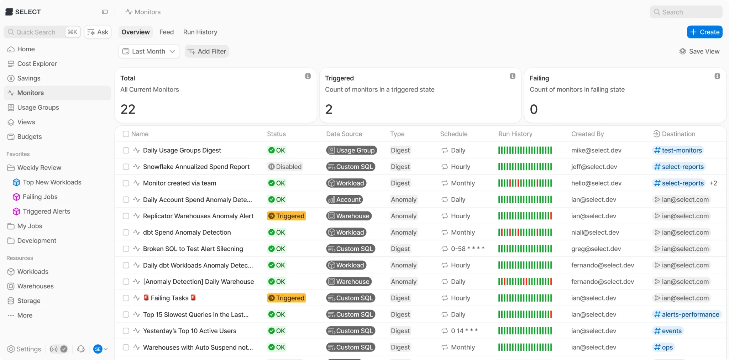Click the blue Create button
pos(704,32)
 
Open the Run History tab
pos(200,32)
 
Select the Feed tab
pos(167,32)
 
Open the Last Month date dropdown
pos(149,51)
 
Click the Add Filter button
pos(207,51)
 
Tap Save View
pos(699,51)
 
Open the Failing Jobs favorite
pos(40,197)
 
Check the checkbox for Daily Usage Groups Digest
pos(126,150)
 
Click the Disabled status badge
pos(285,167)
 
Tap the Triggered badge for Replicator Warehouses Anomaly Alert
pos(287,216)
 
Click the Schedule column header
pos(454,134)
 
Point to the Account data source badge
pos(345,199)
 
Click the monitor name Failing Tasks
pos(169,298)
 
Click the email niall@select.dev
pos(595,233)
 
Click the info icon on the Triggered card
pos(513,76)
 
